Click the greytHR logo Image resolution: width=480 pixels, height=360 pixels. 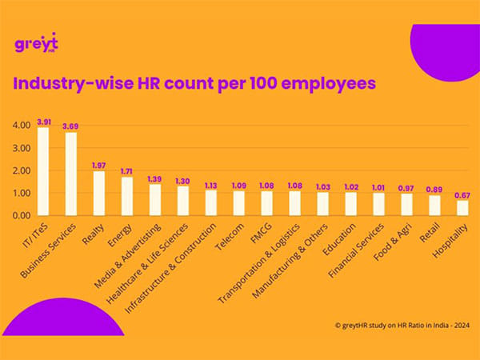(x=35, y=43)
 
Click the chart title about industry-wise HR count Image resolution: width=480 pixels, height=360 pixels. (x=194, y=82)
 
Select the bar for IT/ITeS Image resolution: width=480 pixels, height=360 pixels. (x=43, y=171)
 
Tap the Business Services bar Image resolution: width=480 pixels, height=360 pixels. (x=71, y=174)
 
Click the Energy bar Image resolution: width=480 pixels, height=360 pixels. (x=127, y=196)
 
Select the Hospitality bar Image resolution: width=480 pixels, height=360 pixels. (x=462, y=207)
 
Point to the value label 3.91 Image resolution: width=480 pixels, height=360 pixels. (x=43, y=121)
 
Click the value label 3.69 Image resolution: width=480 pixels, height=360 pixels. (x=71, y=126)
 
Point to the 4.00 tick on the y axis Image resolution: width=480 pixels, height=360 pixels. (x=21, y=126)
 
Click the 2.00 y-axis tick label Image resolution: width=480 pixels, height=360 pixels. (x=21, y=170)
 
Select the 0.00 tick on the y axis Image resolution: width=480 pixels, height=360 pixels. (x=21, y=215)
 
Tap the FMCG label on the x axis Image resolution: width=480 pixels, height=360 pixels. (x=257, y=234)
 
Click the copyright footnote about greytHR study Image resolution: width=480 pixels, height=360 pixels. (x=398, y=326)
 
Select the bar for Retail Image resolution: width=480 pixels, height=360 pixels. (x=434, y=205)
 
